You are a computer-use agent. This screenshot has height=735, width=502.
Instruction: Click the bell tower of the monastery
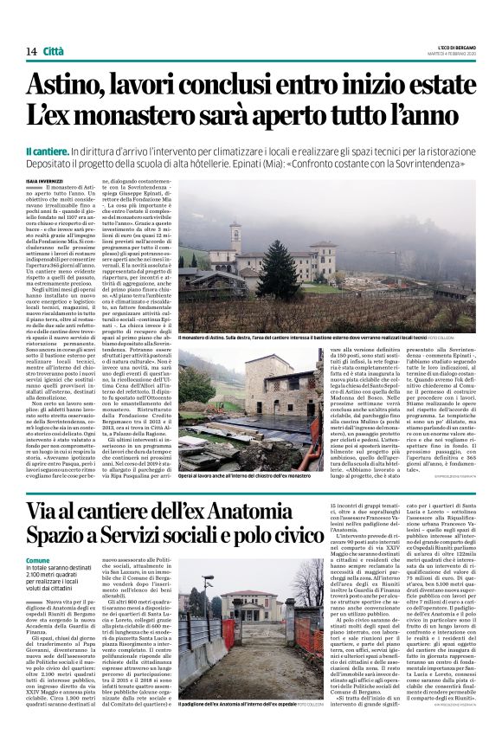pos(235,236)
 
